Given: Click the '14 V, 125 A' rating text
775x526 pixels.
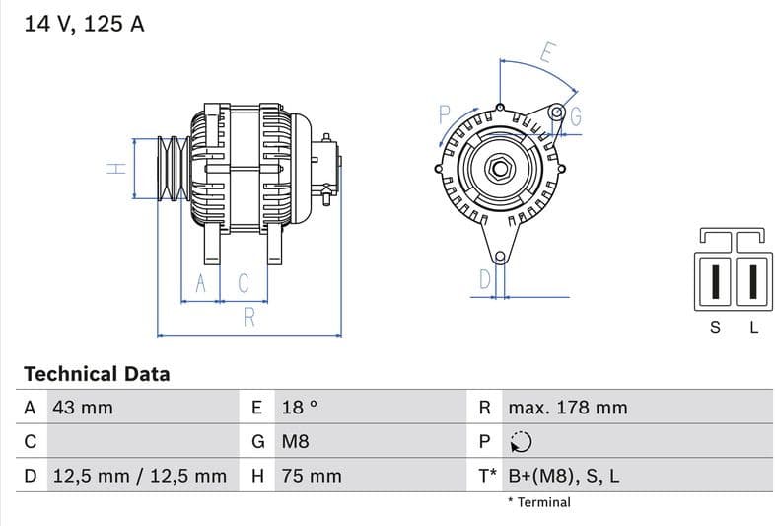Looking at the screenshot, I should click(x=84, y=25).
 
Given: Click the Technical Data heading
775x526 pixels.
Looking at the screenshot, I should click(x=97, y=374).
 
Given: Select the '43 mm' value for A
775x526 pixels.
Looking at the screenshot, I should click(x=83, y=408).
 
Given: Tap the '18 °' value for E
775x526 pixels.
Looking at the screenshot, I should click(x=300, y=408).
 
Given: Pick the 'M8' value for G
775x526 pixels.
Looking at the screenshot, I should click(x=296, y=441).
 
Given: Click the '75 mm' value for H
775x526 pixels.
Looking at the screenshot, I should click(x=312, y=476).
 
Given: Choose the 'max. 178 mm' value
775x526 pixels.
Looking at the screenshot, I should click(x=567, y=408).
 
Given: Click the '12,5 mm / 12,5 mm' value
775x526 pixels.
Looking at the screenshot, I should click(x=139, y=476).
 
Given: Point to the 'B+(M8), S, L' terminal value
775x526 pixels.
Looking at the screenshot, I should click(x=563, y=476).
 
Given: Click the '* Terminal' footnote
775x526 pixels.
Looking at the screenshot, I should click(x=538, y=502).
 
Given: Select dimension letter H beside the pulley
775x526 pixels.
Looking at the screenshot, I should click(x=117, y=168).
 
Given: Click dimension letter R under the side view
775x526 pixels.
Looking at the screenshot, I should click(x=249, y=318).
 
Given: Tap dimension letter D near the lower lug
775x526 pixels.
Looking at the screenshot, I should click(x=485, y=279).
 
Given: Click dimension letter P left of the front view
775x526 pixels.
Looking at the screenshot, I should click(x=444, y=114).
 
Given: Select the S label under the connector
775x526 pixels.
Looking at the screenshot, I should click(x=716, y=328).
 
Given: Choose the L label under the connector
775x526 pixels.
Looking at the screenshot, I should click(x=754, y=328).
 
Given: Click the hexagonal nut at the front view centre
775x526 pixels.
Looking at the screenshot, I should click(x=499, y=168).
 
